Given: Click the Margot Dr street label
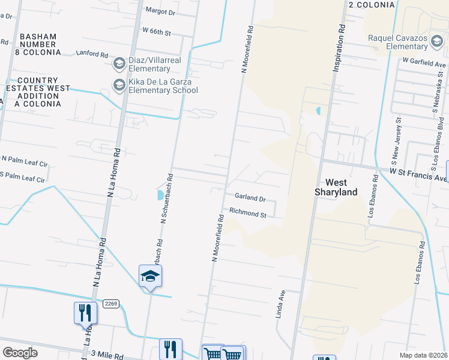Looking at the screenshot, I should click(x=160, y=11).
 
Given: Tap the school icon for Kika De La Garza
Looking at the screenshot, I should click(x=119, y=85).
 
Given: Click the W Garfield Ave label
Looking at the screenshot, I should click(x=425, y=62).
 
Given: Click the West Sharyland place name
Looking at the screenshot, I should click(x=336, y=187).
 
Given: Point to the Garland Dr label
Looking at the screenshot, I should click(x=250, y=197).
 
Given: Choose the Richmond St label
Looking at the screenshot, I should click(x=248, y=212).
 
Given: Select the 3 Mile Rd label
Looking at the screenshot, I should click(x=108, y=355).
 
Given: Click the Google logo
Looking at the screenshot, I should click(x=20, y=352).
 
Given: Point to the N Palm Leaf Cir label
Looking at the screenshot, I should click(x=23, y=160).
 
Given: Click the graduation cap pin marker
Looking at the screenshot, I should click(x=151, y=276).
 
